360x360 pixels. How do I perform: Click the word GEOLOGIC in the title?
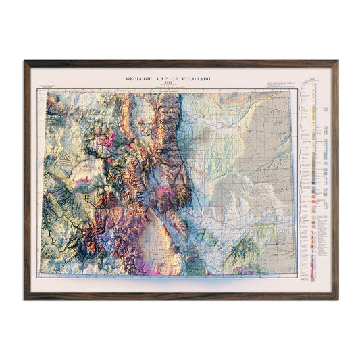pyautogui.click(x=140, y=78)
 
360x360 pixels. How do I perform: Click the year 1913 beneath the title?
pyautogui.click(x=168, y=83)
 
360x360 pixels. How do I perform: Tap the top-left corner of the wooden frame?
pyautogui.click(x=25, y=61)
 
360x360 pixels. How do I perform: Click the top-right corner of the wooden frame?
pyautogui.click(x=337, y=61)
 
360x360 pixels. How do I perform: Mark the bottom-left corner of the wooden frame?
pyautogui.click(x=25, y=299)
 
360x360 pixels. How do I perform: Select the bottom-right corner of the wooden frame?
pyautogui.click(x=337, y=299)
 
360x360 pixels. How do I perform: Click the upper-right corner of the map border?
pyautogui.click(x=296, y=91)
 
